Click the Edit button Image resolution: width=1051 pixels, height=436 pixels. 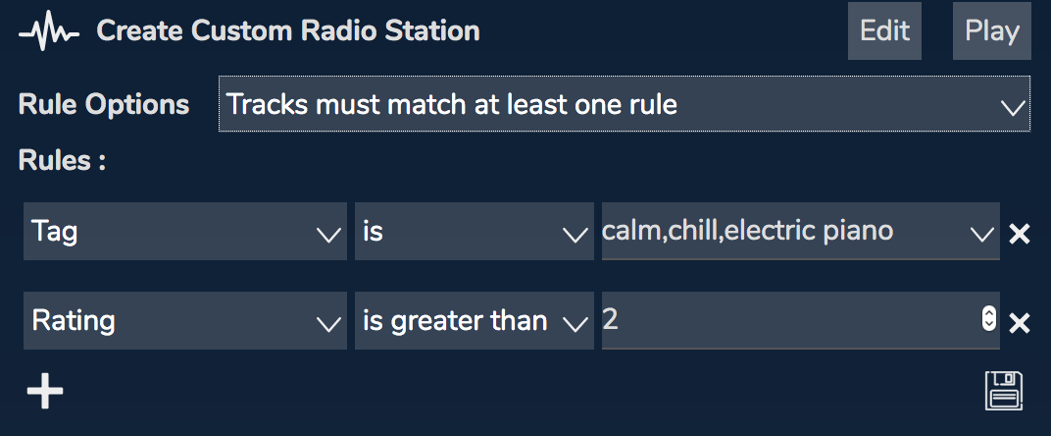884,30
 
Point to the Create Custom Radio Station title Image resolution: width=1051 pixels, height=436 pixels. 288,30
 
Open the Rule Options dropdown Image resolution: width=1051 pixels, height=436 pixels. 624,104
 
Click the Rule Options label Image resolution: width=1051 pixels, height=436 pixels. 104,104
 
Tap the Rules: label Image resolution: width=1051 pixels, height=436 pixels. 62,160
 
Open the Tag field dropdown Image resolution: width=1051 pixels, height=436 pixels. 185,231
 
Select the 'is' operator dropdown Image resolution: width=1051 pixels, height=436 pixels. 474,231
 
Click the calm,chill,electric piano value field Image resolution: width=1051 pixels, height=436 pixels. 800,231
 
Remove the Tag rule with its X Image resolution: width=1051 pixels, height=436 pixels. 1020,234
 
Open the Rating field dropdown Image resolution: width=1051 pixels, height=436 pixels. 185,320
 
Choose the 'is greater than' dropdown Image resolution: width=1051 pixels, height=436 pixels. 474,320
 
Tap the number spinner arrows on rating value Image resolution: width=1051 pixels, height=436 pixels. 988,319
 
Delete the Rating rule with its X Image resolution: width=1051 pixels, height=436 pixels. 1020,323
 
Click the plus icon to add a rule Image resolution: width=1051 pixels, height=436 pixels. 45,390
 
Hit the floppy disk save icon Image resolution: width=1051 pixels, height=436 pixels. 1004,390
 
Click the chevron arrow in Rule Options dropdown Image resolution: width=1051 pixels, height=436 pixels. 1013,108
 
